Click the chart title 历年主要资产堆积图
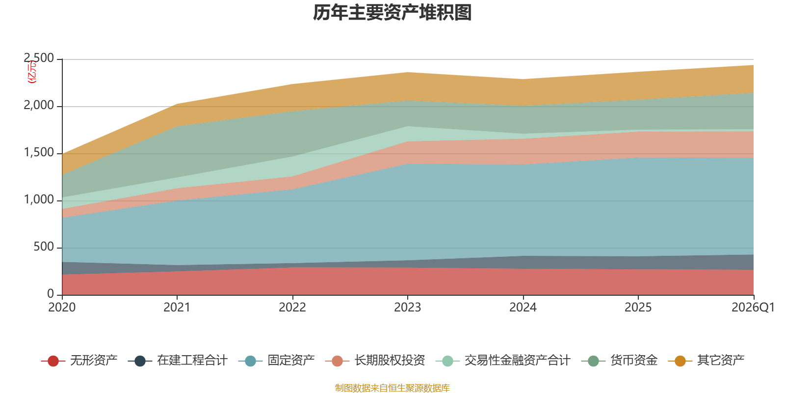tap(392, 13)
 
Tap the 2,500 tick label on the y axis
tap(39, 58)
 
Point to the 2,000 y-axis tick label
tap(39, 106)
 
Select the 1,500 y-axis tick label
tap(39, 153)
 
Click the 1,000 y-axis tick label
tap(39, 200)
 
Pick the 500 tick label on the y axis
tap(44, 247)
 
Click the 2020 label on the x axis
tap(62, 308)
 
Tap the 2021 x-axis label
tap(177, 308)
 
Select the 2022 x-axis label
tap(292, 308)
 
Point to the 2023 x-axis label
tap(408, 308)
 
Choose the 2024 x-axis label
tap(523, 308)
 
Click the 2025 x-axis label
tap(638, 308)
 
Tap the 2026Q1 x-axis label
tap(753, 308)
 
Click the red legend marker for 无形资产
tap(53, 361)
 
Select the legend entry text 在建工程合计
tap(192, 361)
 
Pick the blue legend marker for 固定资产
tap(250, 361)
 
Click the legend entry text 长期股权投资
tap(390, 361)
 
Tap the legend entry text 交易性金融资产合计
tap(518, 361)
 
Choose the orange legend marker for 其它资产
tap(680, 361)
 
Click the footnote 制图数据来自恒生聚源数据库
tap(392, 388)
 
